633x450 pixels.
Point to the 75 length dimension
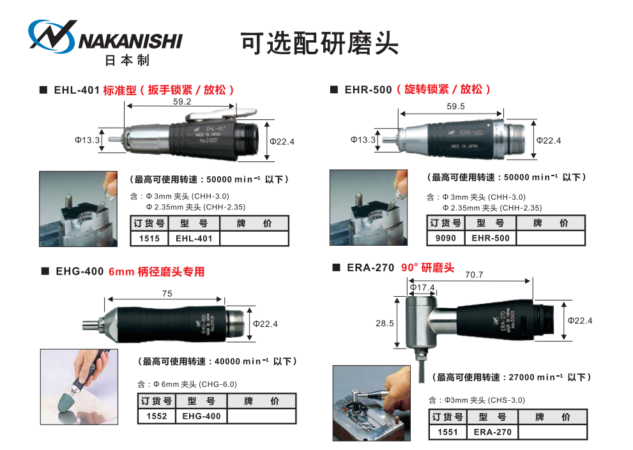coord(167,294)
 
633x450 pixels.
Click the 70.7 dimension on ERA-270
coord(474,274)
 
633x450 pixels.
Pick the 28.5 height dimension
coord(385,324)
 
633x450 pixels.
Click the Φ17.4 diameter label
coord(422,288)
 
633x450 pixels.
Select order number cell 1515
coord(149,239)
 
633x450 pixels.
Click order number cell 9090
coord(445,238)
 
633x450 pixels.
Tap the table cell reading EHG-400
coord(201,416)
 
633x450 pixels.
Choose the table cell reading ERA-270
coord(492,432)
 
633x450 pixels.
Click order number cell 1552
coord(156,416)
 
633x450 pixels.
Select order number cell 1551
coord(448,432)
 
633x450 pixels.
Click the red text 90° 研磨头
coord(427,268)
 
